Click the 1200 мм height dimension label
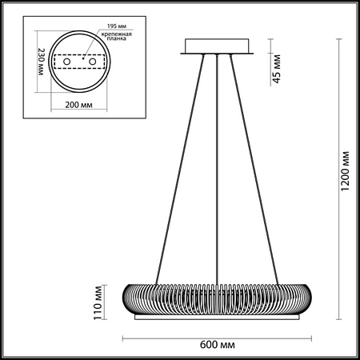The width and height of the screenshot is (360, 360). pyautogui.click(x=346, y=171)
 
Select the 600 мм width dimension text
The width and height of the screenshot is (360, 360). pyautogui.click(x=217, y=346)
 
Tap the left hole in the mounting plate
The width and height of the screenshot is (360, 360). pyautogui.click(x=66, y=61)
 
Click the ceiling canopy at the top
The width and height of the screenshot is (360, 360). pyautogui.click(x=217, y=46)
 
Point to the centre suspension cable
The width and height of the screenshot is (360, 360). pyautogui.click(x=217, y=160)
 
